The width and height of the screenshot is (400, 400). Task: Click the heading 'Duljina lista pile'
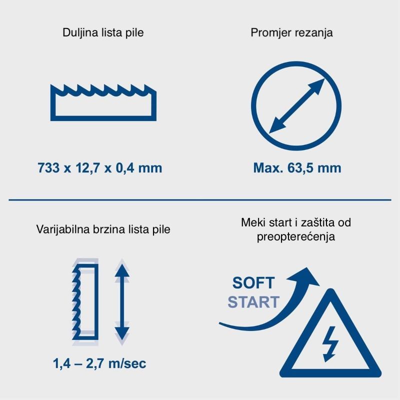[x=103, y=33]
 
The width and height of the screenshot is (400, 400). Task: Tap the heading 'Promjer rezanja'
[x=291, y=33]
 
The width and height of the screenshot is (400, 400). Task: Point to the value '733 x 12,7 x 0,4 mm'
[x=99, y=168]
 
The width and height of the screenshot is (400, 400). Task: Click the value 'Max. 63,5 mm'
[x=297, y=168]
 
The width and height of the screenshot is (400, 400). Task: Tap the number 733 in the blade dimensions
[x=48, y=168]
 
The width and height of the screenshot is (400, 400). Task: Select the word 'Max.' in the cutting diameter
[x=268, y=168]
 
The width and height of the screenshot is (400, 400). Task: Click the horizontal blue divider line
[x=200, y=200]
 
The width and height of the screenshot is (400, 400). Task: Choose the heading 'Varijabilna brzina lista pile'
[x=103, y=229]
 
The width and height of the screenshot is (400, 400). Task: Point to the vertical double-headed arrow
[x=122, y=302]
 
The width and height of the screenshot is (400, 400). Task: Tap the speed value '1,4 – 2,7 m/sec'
[x=99, y=363]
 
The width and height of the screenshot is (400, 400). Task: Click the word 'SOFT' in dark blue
[x=253, y=282]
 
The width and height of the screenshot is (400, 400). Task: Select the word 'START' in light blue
[x=253, y=302]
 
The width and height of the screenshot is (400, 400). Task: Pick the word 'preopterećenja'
[x=296, y=236]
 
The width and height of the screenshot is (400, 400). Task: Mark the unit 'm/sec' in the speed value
[x=127, y=363]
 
